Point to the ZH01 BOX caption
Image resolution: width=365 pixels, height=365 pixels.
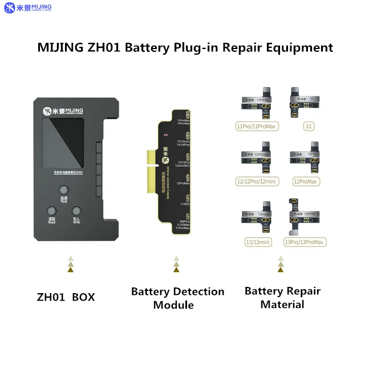66,297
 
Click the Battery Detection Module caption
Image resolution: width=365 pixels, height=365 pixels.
177,298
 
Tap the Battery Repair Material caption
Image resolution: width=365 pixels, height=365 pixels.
282,297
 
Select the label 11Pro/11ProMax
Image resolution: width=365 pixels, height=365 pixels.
255,126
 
